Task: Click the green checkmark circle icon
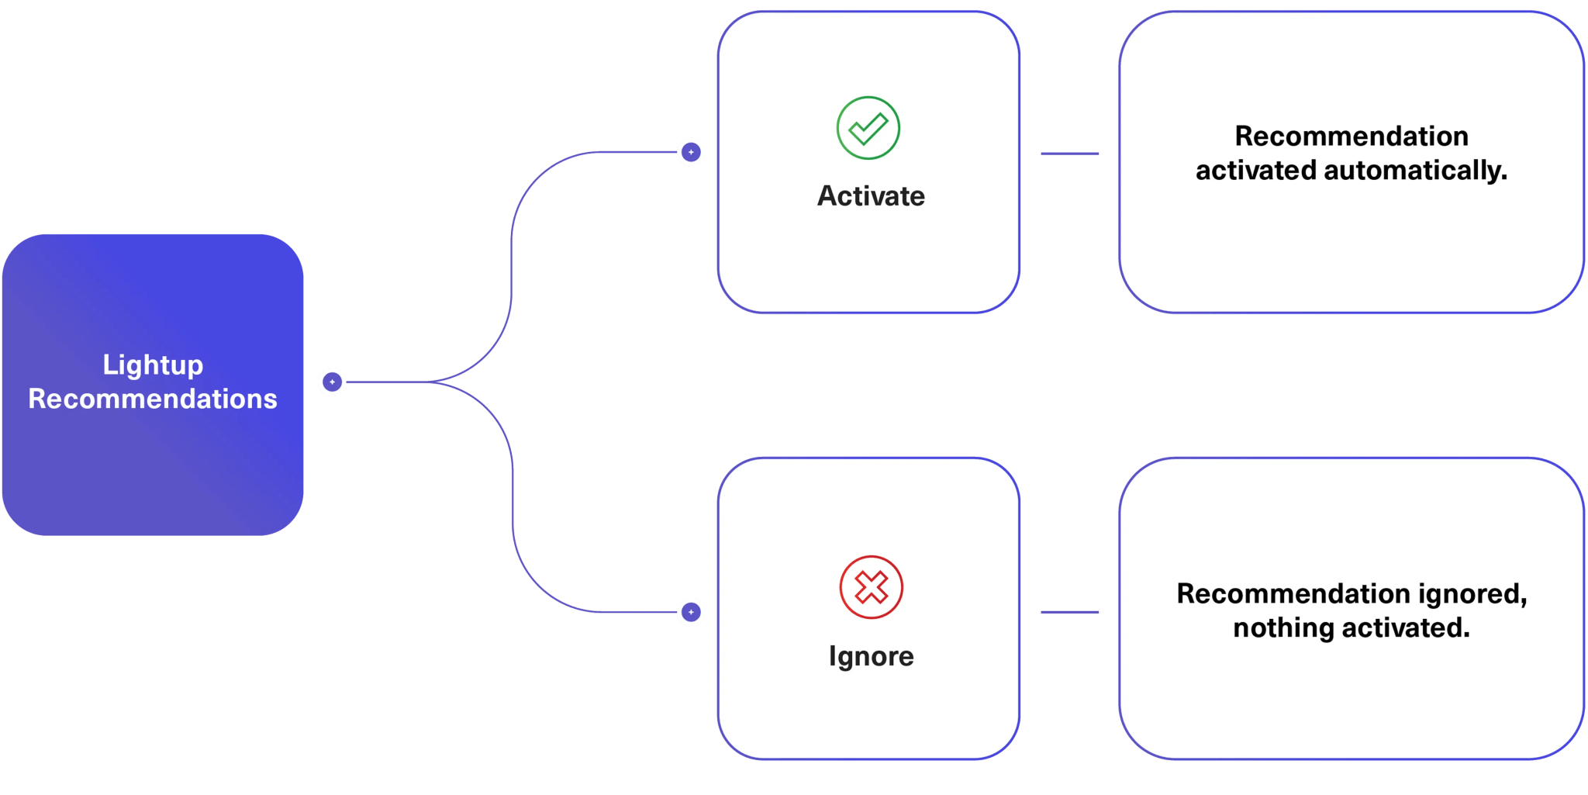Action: point(868,128)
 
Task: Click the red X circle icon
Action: point(871,587)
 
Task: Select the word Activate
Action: point(871,196)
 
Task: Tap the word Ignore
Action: point(871,656)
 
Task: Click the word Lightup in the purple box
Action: point(153,365)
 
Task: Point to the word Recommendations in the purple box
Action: point(153,399)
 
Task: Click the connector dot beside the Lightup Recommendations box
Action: point(332,382)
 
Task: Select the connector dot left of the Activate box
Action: point(691,152)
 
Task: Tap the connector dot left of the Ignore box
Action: point(691,612)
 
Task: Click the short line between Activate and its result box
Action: point(1069,154)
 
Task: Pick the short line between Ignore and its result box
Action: point(1069,612)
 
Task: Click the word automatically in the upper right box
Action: point(1415,171)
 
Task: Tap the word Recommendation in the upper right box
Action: point(1351,137)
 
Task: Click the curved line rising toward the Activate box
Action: point(512,256)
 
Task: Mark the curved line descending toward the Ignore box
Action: point(513,504)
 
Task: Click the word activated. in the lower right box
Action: point(1405,627)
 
